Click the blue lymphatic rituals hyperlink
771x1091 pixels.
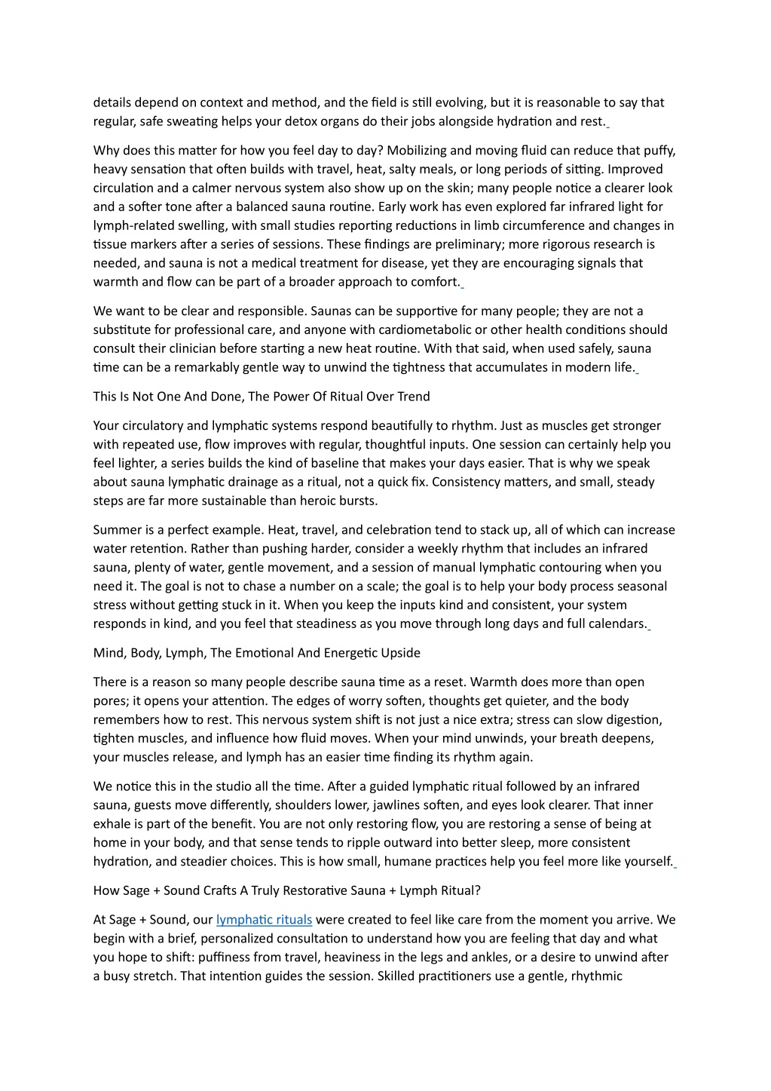click(x=264, y=920)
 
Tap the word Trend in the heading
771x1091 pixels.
click(x=412, y=397)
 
